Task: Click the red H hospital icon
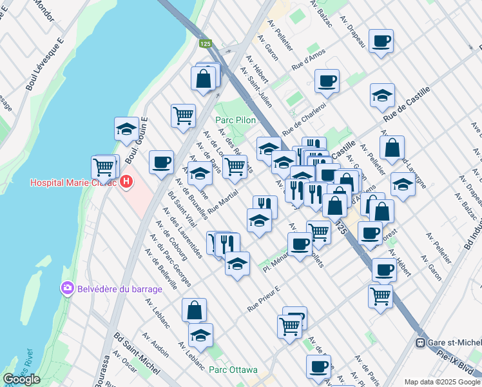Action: pos(126,183)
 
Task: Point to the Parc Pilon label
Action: pos(235,120)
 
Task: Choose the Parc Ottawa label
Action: pos(233,370)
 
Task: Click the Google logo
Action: pos(21,379)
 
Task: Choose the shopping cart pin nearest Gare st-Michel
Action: pos(381,296)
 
